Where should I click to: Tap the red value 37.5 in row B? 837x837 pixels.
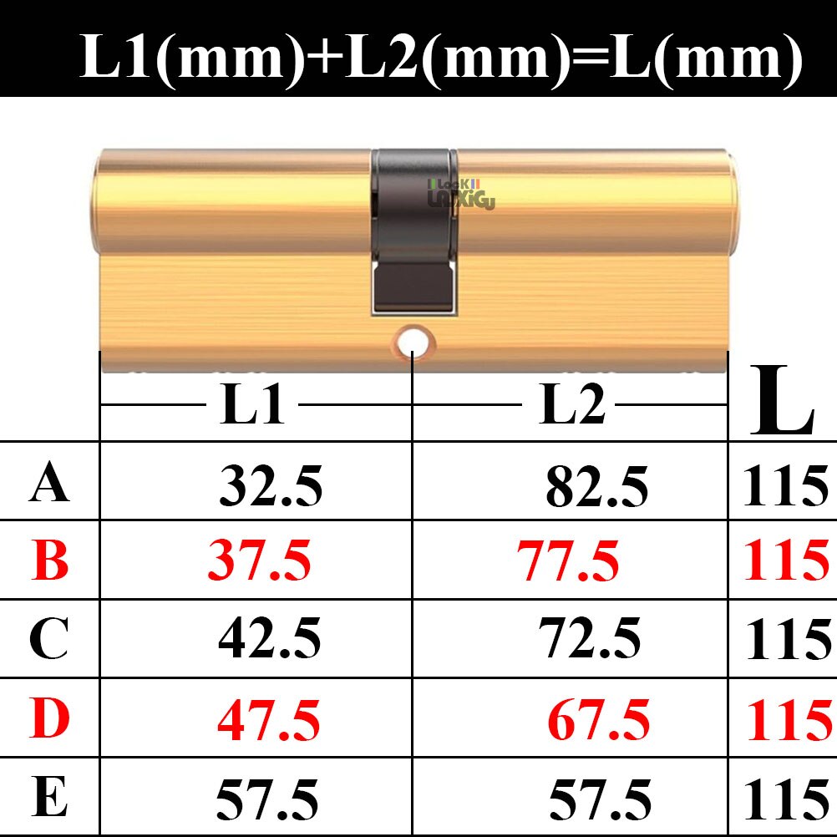[259, 561]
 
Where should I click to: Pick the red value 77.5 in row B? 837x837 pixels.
[568, 561]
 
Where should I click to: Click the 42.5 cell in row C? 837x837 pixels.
[269, 639]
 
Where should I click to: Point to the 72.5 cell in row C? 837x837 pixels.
[590, 639]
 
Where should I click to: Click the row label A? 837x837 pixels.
[49, 484]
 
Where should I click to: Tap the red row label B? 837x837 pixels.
[50, 561]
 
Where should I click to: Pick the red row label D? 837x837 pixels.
[50, 718]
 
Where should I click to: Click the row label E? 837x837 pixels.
[50, 798]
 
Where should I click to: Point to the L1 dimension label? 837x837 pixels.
[252, 406]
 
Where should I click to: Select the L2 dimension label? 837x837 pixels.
[572, 406]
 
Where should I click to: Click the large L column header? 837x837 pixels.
[781, 401]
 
